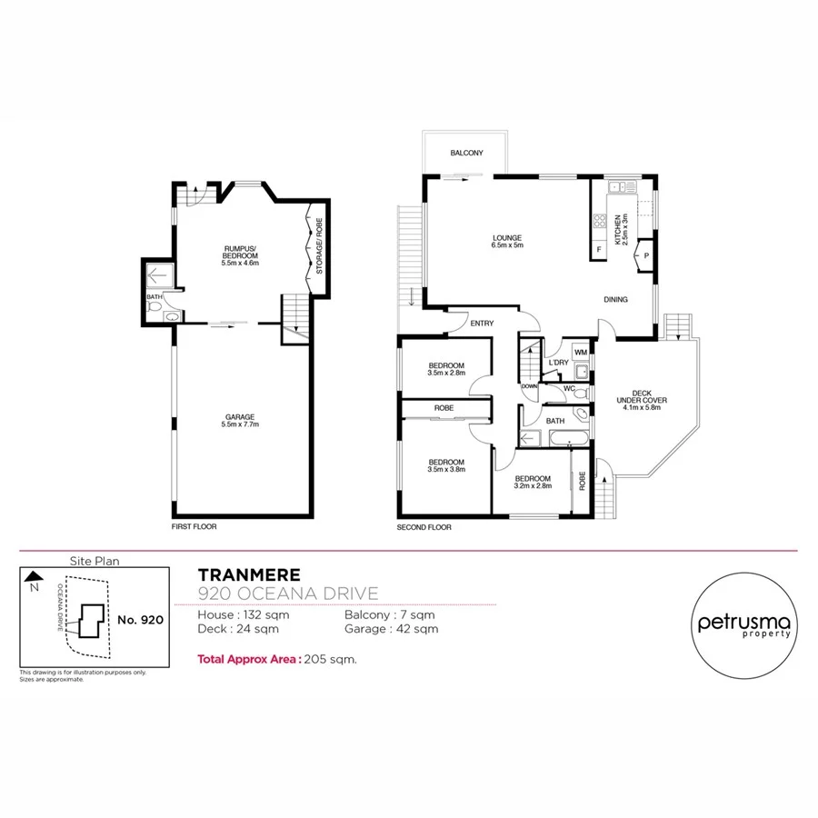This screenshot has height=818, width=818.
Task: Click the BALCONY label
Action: point(466,154)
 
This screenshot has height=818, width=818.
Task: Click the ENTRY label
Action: point(482,323)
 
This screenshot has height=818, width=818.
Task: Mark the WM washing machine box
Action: point(580,352)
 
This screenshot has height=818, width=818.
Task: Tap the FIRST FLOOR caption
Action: point(194,526)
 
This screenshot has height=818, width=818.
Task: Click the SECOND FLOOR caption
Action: point(424,526)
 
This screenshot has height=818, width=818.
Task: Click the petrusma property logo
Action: point(744,625)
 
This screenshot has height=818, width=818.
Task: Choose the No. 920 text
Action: point(140,619)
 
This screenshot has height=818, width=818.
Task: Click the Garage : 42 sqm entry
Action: point(391,628)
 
